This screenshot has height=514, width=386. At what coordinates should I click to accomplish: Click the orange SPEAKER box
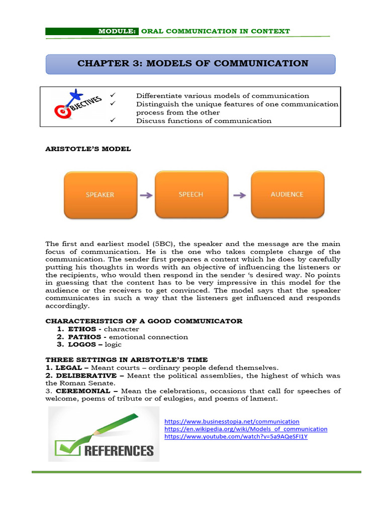click(100, 195)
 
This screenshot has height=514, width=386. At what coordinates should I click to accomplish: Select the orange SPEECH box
click(191, 195)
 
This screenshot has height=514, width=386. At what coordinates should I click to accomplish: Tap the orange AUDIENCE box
click(287, 195)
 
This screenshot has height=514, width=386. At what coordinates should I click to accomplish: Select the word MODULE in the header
click(117, 31)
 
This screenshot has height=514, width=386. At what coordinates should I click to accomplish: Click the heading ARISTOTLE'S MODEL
click(88, 149)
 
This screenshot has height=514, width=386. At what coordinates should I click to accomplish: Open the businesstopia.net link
click(232, 422)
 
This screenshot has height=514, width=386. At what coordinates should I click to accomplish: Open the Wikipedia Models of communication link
click(246, 429)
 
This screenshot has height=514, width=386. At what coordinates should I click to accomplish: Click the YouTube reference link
click(236, 437)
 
